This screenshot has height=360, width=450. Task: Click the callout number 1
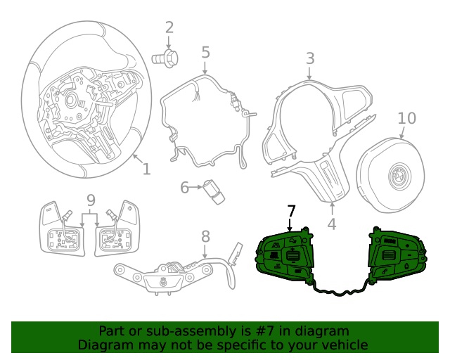pos(146,169)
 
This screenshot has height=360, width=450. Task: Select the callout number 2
pos(169,28)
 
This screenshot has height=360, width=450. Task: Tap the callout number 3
pos(310,58)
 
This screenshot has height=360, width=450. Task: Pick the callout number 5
pos(205,52)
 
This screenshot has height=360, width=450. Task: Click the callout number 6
pos(185,188)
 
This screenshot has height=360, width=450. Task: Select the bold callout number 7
pos(292,211)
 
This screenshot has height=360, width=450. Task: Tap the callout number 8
pos(205,236)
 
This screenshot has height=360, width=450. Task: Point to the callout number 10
pos(406,118)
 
